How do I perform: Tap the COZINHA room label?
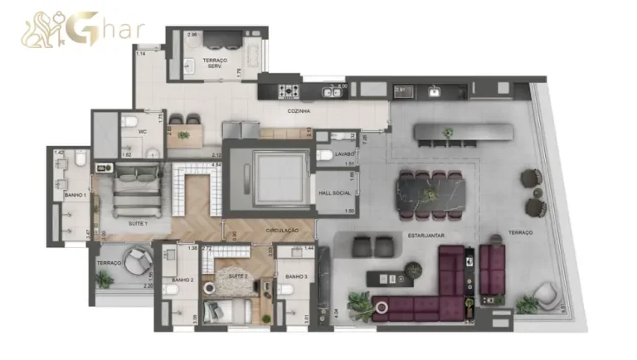[299, 110]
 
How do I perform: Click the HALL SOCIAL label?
[335, 193]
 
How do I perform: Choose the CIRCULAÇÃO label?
[282, 230]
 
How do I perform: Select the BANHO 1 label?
[75, 196]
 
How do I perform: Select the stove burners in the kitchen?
[290, 90]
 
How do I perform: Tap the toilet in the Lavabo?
[327, 155]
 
